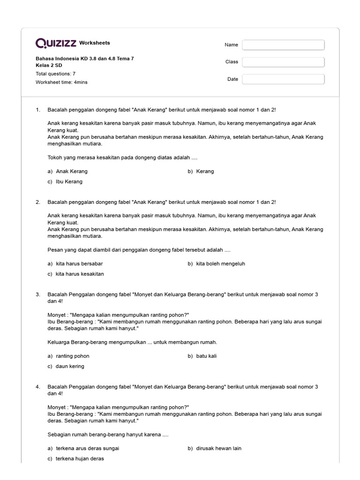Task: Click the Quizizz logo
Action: [56, 44]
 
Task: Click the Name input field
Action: [283, 45]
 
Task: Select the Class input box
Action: [283, 62]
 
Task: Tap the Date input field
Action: [283, 79]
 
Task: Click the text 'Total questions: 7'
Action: [56, 74]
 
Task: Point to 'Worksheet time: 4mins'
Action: [61, 82]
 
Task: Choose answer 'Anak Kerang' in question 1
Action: [71, 171]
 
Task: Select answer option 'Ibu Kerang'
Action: [69, 181]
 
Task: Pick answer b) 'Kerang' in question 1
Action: [205, 171]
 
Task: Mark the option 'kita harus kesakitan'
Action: [80, 274]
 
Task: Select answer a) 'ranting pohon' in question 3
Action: [72, 356]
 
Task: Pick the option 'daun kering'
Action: [70, 366]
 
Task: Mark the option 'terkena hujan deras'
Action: [80, 458]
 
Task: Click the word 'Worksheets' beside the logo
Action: [95, 43]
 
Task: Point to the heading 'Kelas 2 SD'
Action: [49, 65]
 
